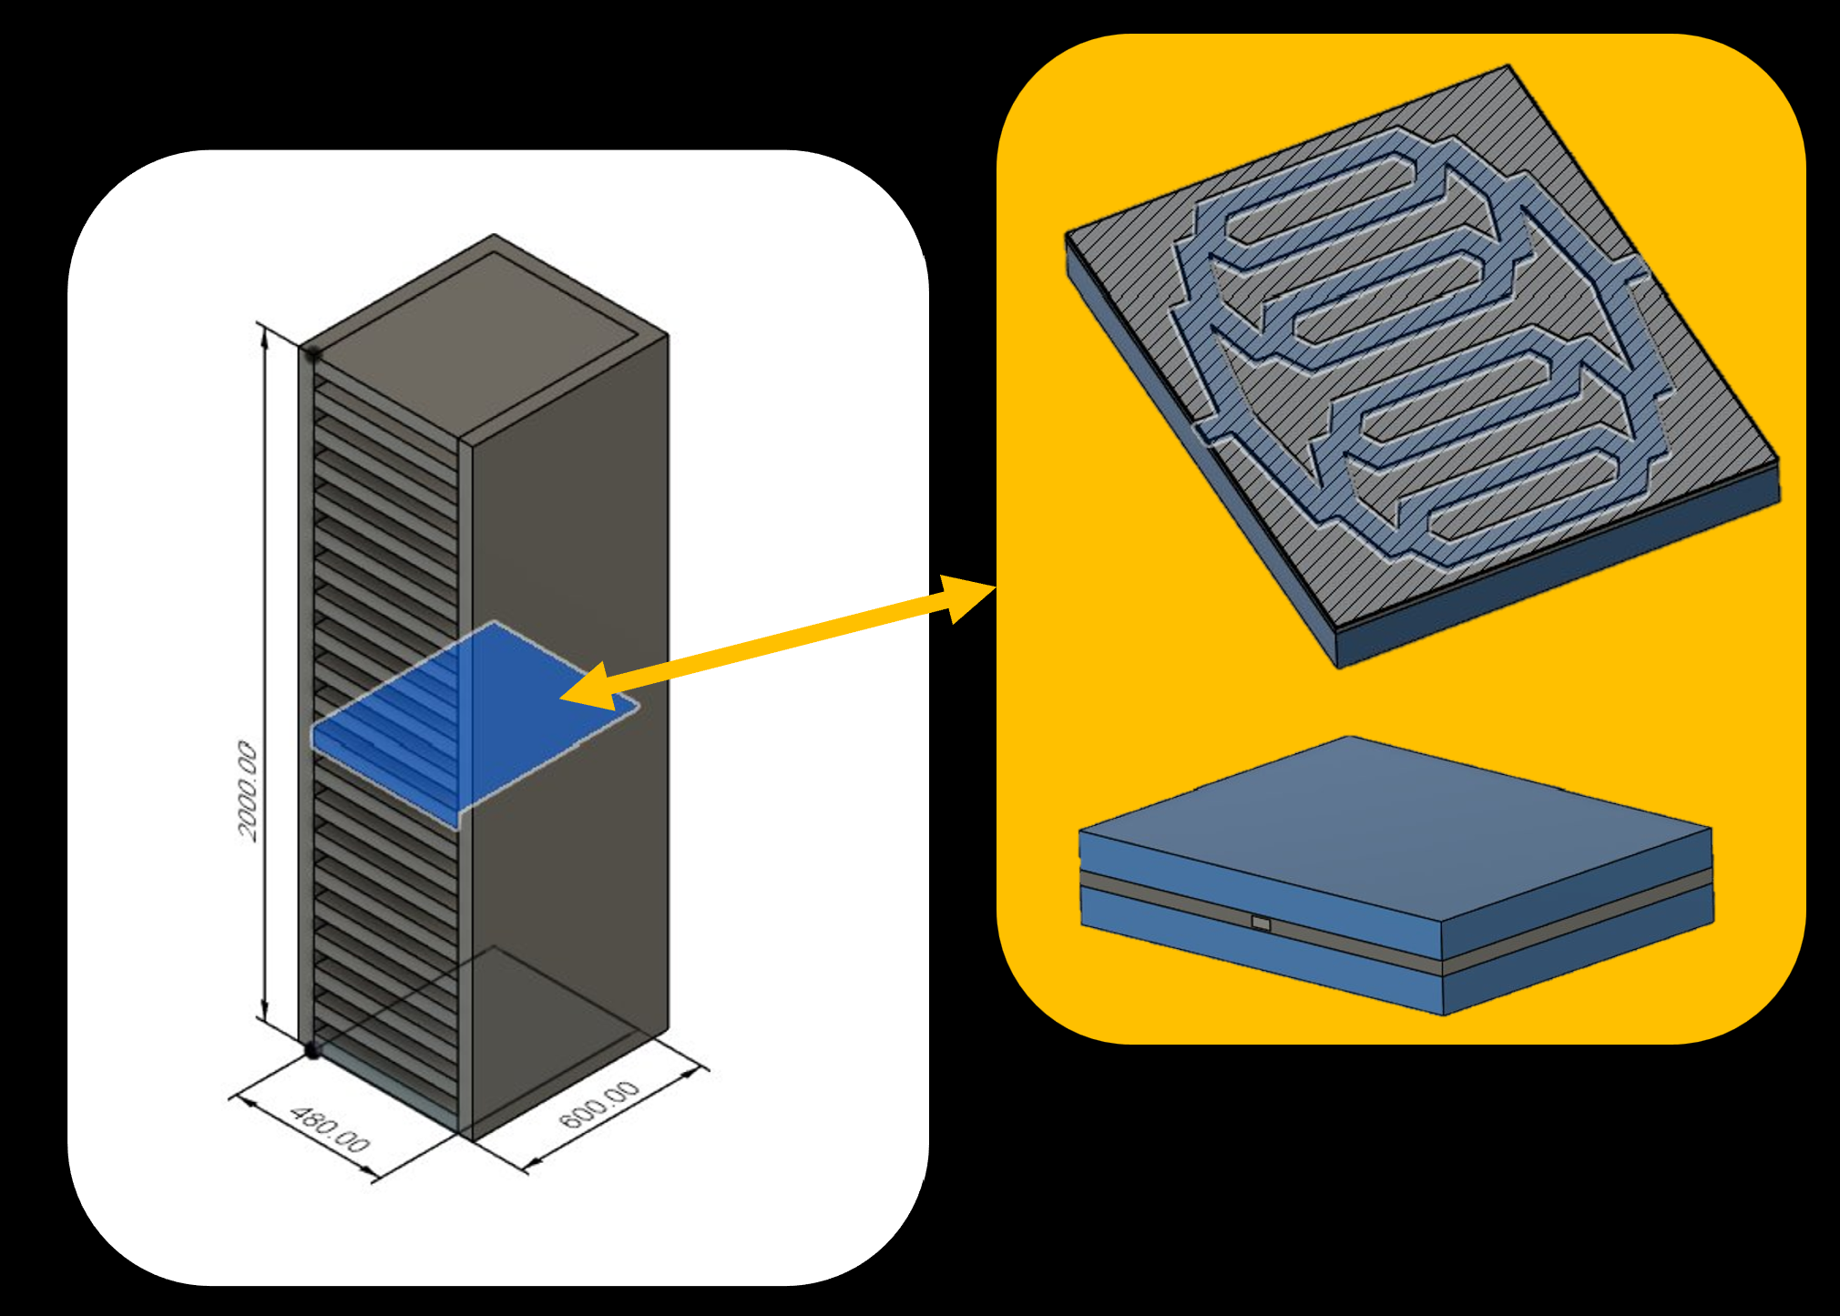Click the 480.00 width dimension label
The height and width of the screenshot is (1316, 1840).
tap(330, 1129)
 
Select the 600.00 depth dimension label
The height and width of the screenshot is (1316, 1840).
tap(599, 1105)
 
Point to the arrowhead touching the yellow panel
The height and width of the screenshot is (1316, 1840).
tap(966, 597)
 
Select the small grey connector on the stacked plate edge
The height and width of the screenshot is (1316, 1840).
tap(1261, 923)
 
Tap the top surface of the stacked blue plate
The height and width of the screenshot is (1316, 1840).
tap(1394, 820)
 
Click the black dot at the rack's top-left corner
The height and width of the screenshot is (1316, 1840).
tap(312, 352)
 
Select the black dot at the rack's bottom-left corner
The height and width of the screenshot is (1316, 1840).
tap(312, 1051)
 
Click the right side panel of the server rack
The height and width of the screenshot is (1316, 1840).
tap(569, 729)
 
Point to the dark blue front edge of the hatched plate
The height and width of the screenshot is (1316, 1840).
tap(1549, 583)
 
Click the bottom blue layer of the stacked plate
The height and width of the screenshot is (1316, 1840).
tap(1257, 956)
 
